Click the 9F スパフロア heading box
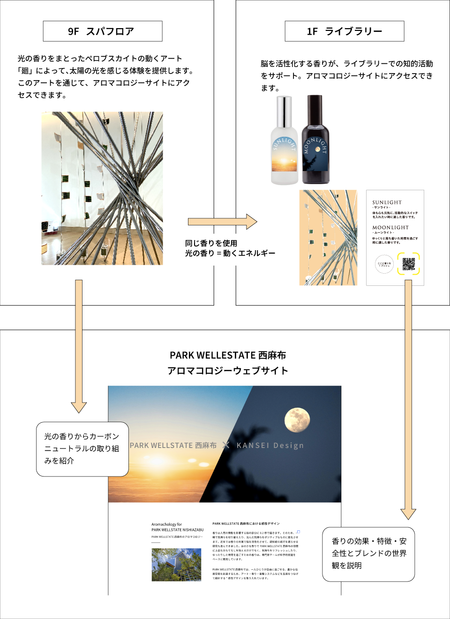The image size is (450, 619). pos(103,31)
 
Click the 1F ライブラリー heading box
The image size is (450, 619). pos(344,31)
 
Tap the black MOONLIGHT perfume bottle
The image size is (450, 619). pos(315,141)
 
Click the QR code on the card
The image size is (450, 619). pos(408,264)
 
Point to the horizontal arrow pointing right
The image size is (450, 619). pos(222,222)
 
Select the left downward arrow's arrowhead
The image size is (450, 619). pos(79,407)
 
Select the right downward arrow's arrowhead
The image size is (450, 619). pos(408,514)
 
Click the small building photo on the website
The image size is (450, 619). pos(176,565)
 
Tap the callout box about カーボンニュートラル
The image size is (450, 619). pos(82,449)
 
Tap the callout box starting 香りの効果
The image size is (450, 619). pos(368,554)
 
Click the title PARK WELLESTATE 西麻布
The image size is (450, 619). pos(228,355)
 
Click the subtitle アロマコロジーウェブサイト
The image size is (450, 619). pos(228,371)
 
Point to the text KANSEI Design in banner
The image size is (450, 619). pos(270,446)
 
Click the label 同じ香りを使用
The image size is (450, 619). pos(211,243)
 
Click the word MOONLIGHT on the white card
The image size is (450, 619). pos(390,228)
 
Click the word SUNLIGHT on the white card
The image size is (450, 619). pos(387,202)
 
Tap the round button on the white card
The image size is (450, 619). pos(384,264)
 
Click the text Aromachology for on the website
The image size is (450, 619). pos(166,524)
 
